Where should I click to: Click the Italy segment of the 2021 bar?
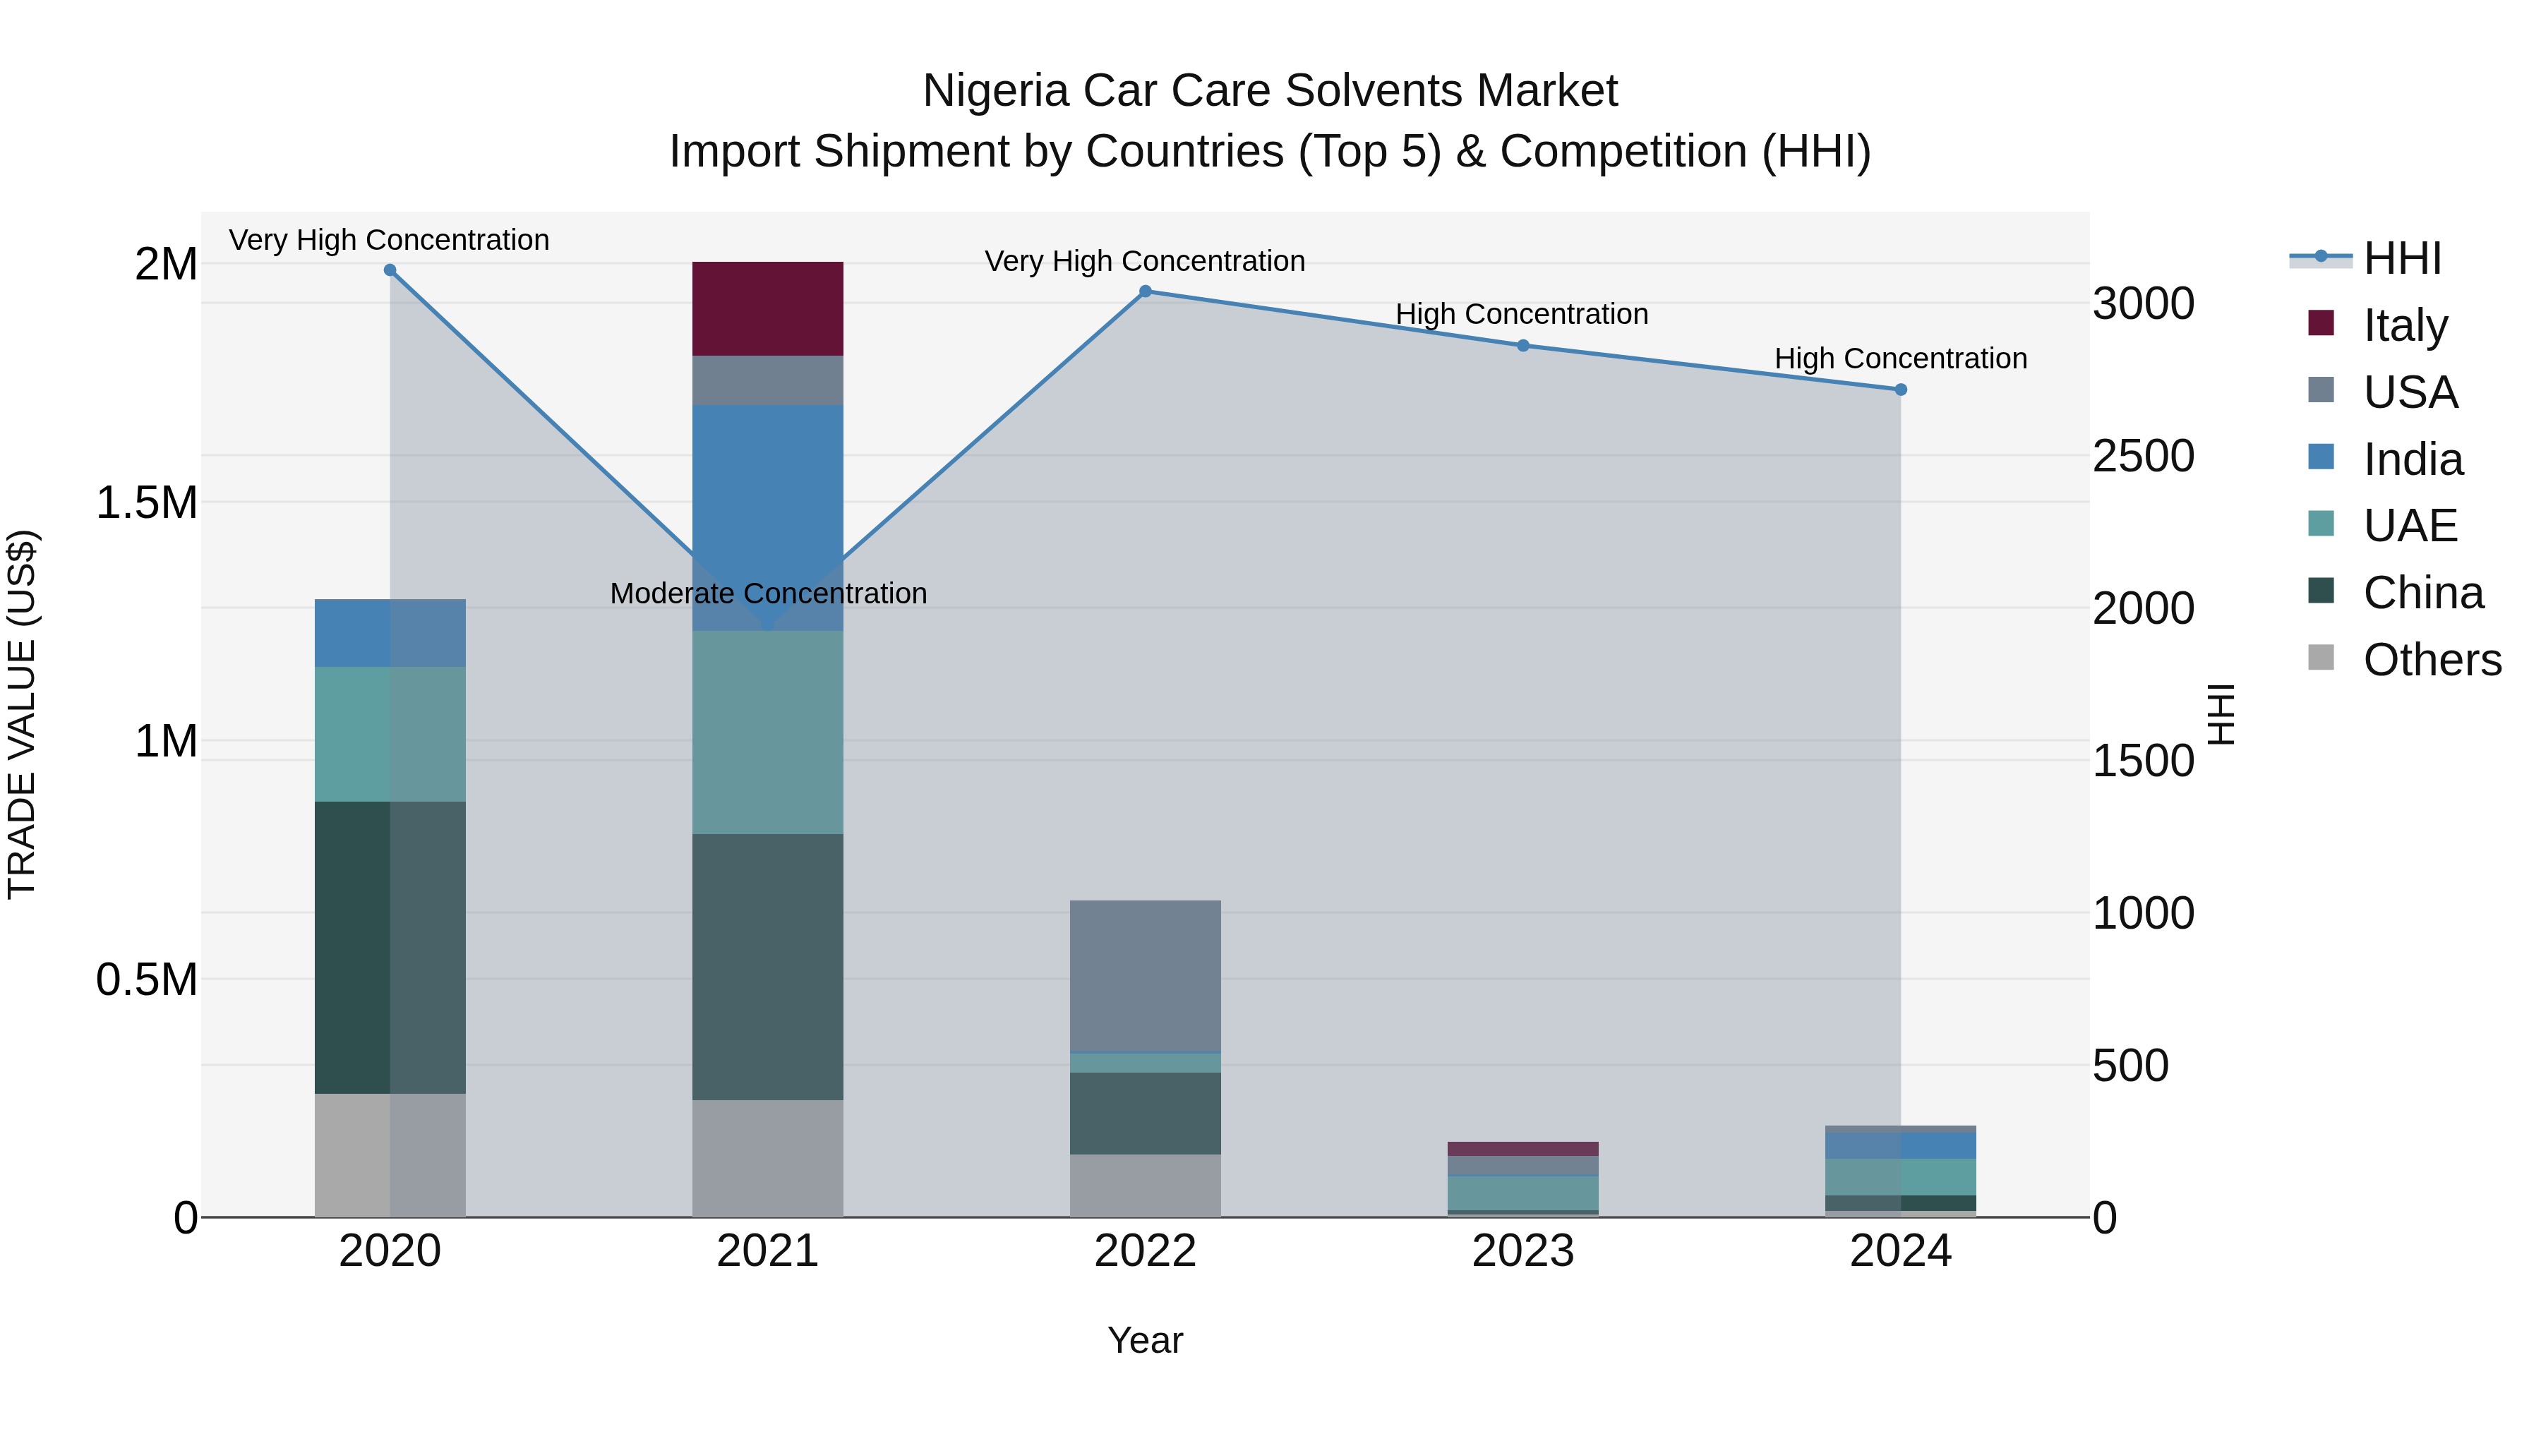[x=767, y=308]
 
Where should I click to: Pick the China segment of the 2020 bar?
[x=390, y=947]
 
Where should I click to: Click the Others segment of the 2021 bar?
[x=767, y=1158]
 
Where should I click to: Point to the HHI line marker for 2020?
[x=390, y=270]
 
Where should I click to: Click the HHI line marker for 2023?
[x=1523, y=345]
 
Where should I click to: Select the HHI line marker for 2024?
[x=1901, y=390]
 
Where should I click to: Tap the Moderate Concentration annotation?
[x=769, y=593]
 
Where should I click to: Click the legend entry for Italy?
[x=2404, y=325]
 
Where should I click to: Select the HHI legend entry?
[x=2401, y=258]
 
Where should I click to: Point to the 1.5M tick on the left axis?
[x=146, y=503]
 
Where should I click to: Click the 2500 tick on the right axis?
[x=2142, y=457]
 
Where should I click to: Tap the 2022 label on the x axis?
[x=1146, y=1251]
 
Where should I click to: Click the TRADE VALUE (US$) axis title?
[x=22, y=714]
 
